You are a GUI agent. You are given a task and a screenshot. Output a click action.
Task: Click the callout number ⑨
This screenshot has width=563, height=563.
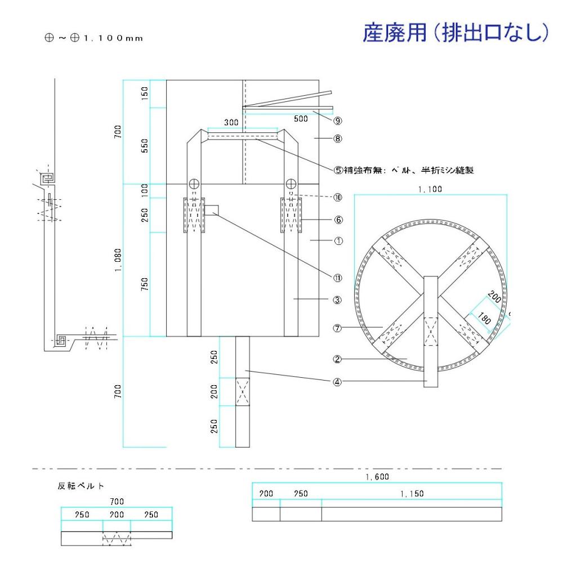338,120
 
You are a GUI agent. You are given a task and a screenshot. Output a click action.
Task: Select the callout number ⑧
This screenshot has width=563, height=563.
338,137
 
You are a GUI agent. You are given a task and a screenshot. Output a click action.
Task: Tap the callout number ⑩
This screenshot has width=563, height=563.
338,197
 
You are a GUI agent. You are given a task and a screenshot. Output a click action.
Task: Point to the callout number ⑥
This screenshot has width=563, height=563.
338,220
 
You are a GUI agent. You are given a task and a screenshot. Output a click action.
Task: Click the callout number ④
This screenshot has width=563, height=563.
338,381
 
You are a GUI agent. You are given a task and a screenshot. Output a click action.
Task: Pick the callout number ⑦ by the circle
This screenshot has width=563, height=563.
338,328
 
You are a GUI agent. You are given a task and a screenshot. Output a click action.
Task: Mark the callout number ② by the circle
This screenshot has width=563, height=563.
338,358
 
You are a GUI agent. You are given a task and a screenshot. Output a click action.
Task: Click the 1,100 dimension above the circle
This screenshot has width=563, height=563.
430,190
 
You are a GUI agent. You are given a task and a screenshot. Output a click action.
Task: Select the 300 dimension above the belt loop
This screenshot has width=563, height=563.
231,122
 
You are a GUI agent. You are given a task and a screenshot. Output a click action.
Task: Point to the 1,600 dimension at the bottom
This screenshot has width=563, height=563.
376,476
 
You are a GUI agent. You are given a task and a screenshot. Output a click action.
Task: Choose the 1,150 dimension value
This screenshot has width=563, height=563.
412,493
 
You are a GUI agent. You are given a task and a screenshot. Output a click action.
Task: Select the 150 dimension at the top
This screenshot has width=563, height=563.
145,93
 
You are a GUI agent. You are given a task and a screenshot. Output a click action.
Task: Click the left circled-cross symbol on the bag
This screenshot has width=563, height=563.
194,184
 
